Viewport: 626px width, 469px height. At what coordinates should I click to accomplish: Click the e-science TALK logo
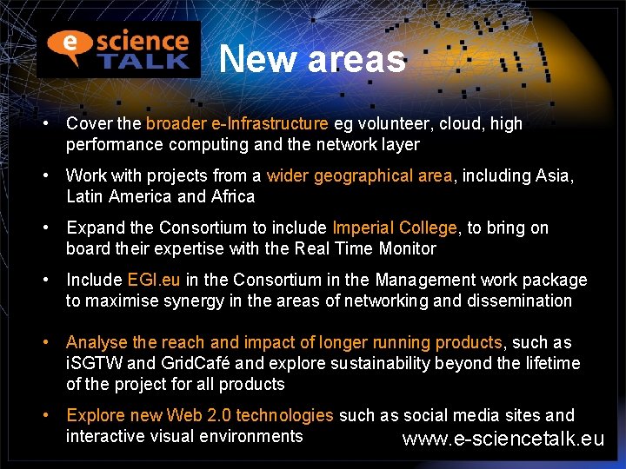pos(118,49)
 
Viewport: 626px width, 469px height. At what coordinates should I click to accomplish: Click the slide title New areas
pos(312,59)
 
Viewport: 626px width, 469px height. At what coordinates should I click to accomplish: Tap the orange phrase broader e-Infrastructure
pos(237,124)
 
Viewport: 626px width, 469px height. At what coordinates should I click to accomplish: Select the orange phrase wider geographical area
pos(359,176)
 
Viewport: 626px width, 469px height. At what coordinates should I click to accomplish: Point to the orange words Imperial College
pos(395,228)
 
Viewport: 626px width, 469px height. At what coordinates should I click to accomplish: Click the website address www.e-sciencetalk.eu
pos(503,439)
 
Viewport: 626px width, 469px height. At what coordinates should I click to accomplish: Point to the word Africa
pos(233,196)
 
